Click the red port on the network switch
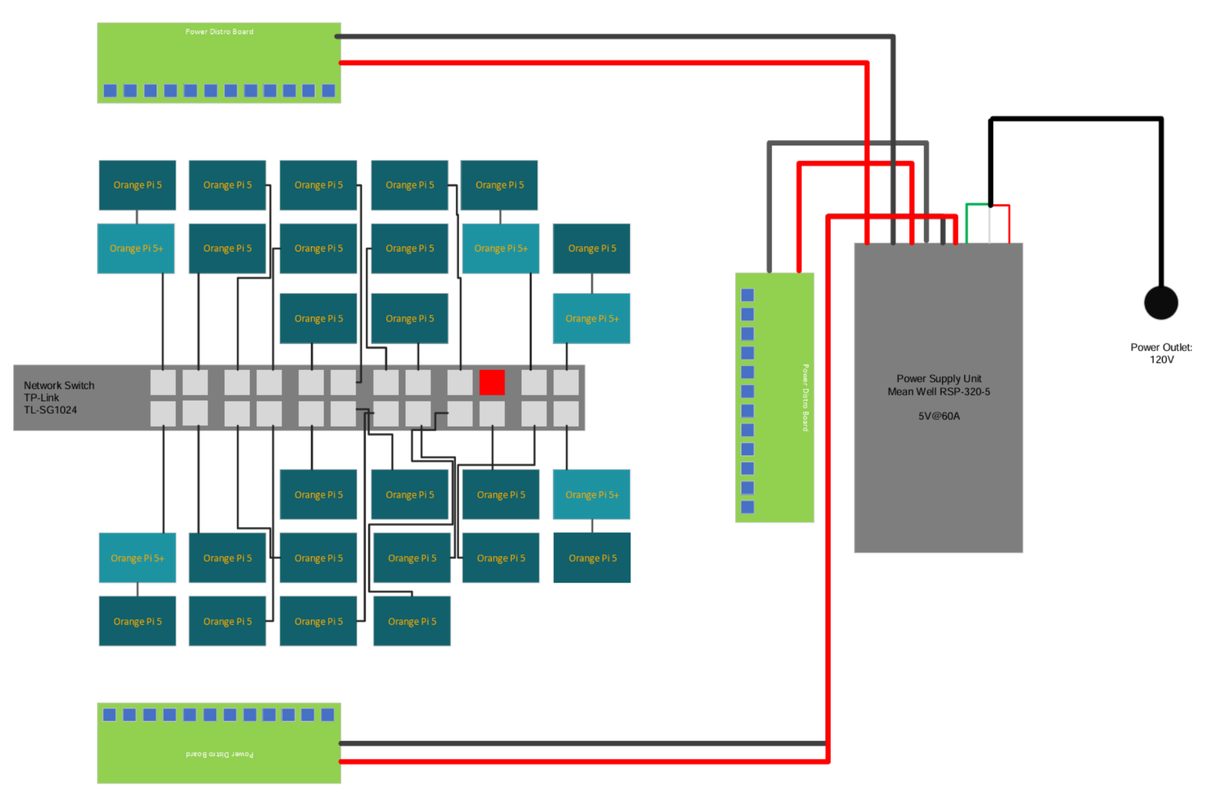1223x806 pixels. tap(492, 382)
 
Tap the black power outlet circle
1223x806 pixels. tap(1161, 303)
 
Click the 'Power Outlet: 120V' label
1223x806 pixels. tap(1161, 354)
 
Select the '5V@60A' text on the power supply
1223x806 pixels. tap(938, 416)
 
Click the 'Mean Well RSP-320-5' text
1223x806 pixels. tap(938, 392)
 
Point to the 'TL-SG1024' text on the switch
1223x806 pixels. tap(50, 411)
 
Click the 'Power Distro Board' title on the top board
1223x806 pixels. tap(219, 31)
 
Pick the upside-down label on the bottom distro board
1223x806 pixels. tap(219, 754)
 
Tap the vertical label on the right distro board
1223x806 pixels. tap(805, 397)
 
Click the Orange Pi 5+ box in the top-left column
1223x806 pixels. tap(136, 249)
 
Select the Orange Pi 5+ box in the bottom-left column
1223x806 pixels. tap(137, 559)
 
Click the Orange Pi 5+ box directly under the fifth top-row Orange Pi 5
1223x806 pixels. tap(500, 249)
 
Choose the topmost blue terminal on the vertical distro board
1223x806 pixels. tap(747, 295)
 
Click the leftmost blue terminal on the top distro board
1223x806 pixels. tap(110, 90)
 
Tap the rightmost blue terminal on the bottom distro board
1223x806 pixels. tap(327, 715)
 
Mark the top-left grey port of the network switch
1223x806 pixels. tap(163, 382)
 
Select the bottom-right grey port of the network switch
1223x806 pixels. tap(566, 414)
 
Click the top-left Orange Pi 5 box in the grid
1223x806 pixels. tap(137, 185)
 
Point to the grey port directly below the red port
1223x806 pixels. tap(492, 414)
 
